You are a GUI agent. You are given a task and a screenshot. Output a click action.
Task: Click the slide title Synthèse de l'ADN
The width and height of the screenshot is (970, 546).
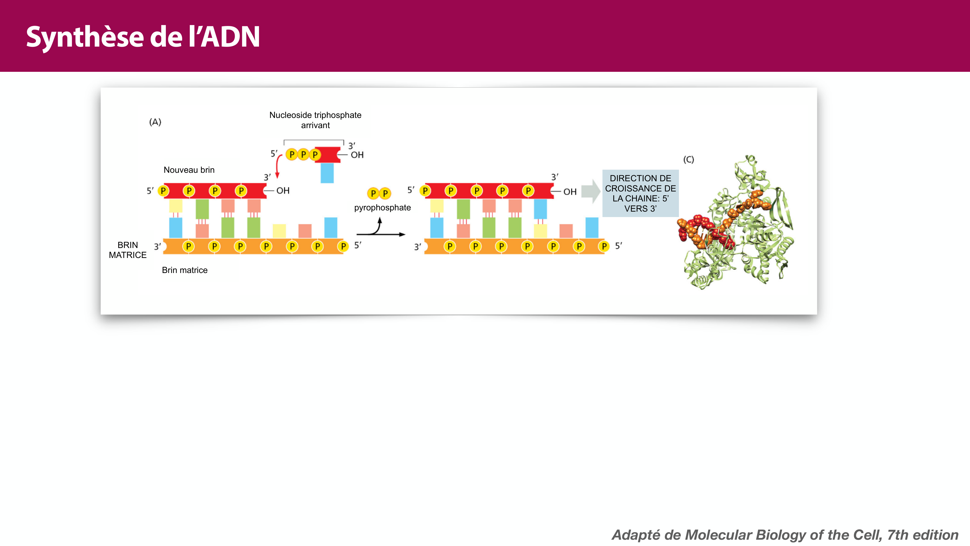143,37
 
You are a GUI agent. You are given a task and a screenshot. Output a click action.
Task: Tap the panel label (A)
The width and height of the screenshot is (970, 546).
155,122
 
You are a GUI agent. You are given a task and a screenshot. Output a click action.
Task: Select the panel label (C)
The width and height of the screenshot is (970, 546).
688,159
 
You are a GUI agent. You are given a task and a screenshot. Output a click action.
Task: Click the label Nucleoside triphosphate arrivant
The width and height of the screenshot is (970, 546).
315,120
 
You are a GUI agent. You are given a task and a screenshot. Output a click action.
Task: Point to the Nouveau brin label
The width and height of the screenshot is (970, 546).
189,170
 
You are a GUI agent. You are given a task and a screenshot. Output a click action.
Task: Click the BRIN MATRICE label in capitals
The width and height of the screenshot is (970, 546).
128,250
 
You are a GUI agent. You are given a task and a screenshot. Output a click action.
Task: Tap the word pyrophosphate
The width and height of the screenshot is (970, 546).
382,208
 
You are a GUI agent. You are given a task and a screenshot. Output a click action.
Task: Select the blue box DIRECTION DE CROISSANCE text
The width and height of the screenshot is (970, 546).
640,193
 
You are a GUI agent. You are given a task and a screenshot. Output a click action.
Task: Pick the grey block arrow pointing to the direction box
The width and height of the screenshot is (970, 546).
590,191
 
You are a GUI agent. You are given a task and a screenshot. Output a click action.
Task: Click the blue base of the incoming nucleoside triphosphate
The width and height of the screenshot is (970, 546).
327,173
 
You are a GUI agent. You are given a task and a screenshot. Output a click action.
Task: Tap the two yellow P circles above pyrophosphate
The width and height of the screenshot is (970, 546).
379,193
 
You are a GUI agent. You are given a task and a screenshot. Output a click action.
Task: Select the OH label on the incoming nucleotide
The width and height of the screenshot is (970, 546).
357,155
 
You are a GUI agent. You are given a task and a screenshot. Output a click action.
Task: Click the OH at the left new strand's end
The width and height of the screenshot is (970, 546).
283,191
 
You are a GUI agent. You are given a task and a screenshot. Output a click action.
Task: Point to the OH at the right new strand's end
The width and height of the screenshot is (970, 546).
570,192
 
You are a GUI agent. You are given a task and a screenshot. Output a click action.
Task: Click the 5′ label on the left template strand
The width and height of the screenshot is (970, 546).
358,245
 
